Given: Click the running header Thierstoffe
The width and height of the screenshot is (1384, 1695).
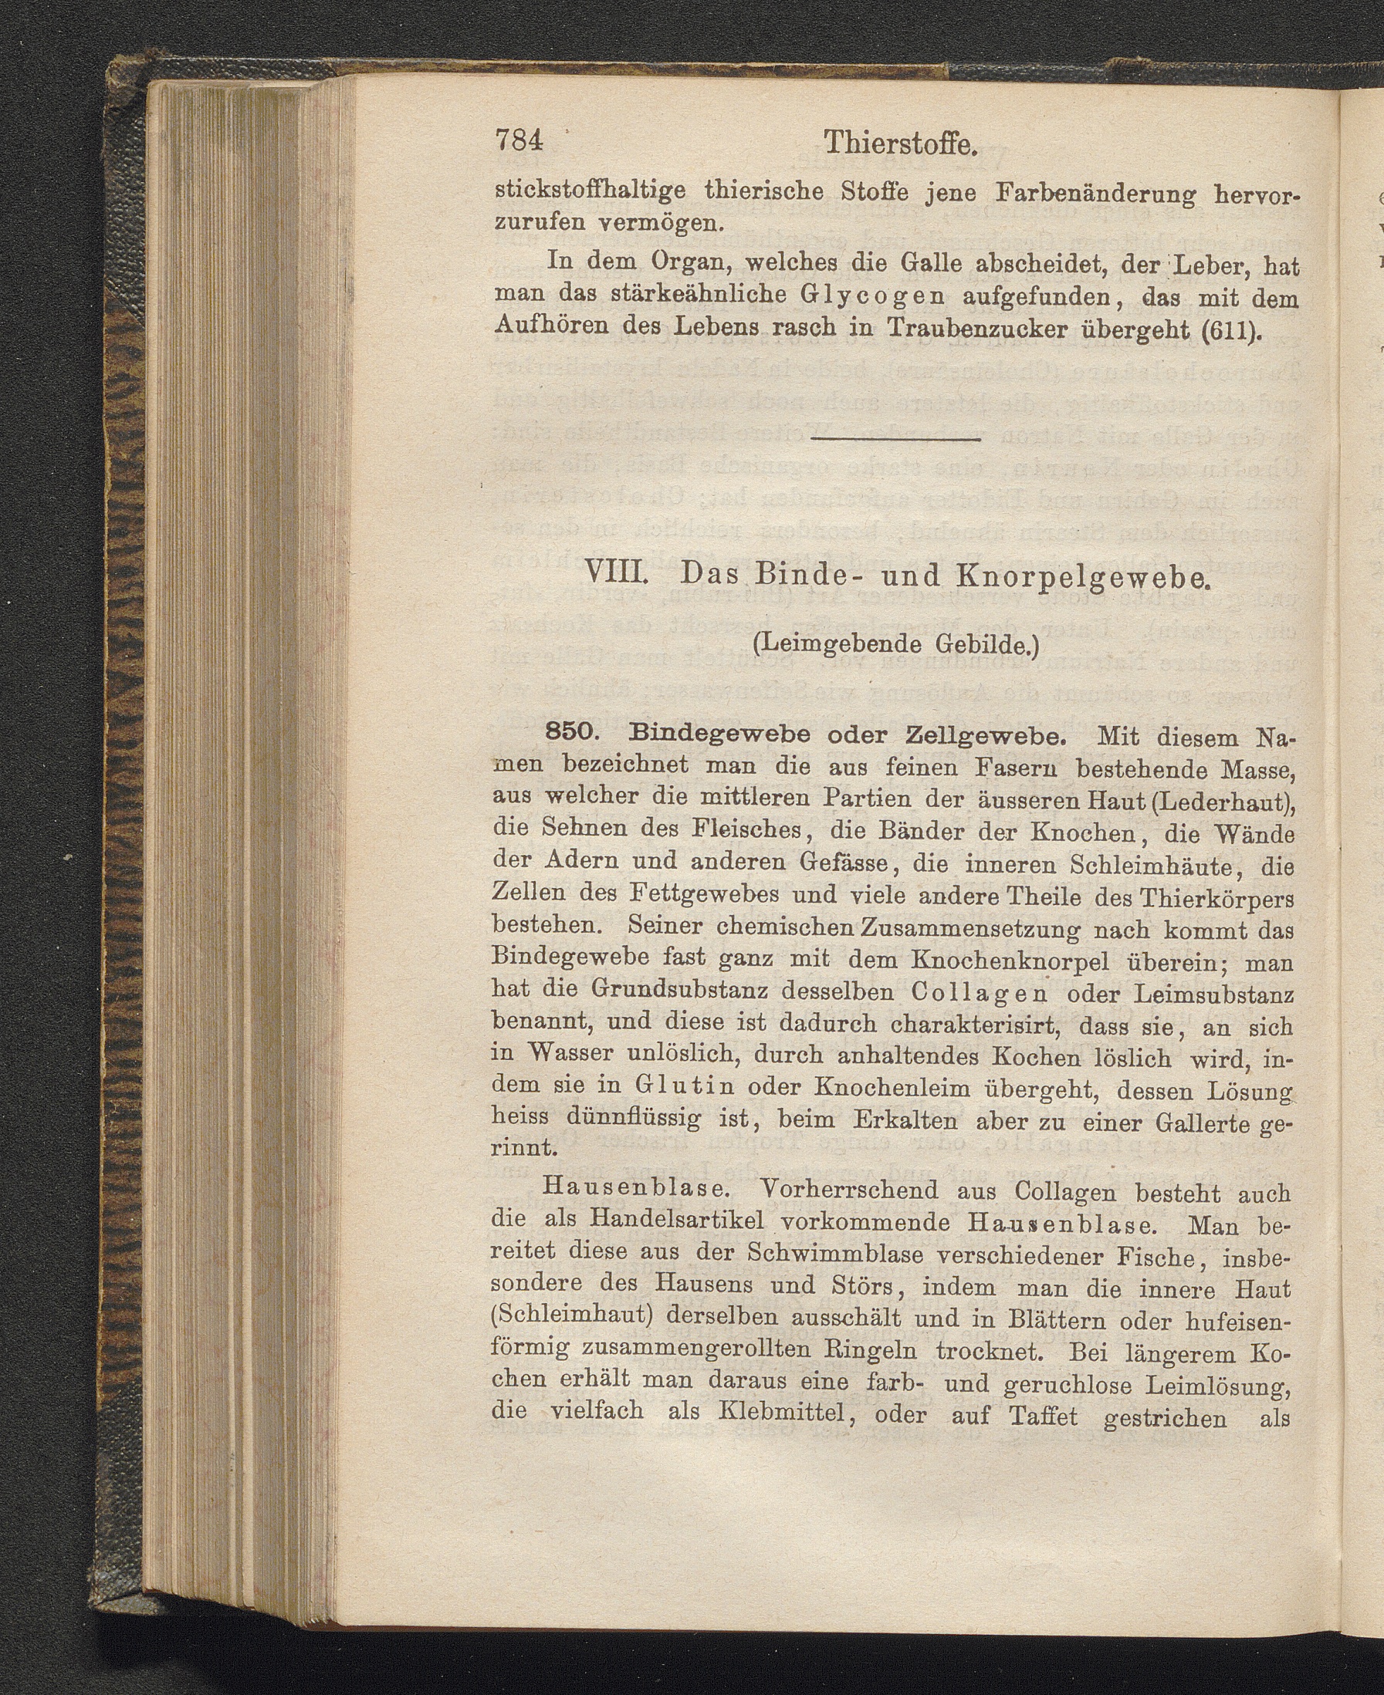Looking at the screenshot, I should point(900,144).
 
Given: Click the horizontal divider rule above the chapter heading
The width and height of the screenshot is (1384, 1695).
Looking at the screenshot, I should point(895,438).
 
